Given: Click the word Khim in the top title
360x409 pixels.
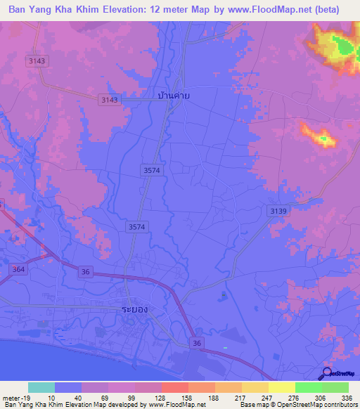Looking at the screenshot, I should (x=96, y=10).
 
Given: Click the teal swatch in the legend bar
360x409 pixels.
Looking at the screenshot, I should (x=41, y=388).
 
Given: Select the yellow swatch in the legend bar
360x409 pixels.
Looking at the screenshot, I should (x=282, y=388).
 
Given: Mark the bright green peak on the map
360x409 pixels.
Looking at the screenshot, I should (x=342, y=46).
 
